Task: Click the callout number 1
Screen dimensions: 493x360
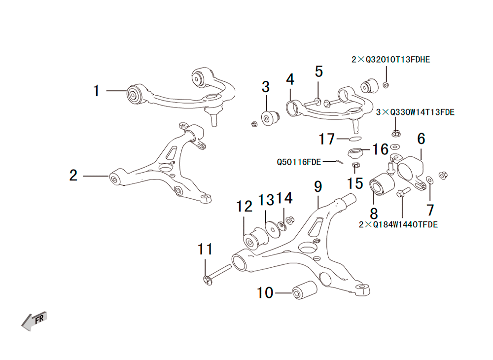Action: coord(97,91)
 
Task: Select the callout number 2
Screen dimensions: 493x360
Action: coord(73,175)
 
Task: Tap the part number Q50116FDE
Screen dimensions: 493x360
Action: coord(299,162)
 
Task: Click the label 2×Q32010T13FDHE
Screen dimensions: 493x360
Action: coord(390,59)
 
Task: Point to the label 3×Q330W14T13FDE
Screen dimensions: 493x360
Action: coord(415,112)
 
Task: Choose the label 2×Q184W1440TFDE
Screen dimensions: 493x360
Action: coord(398,224)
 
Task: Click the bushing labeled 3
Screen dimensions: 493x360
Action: coord(270,117)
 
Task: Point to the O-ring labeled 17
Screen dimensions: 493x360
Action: coord(355,139)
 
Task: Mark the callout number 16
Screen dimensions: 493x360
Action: coord(380,149)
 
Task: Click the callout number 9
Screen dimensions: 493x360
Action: coord(318,187)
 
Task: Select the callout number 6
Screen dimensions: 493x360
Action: coord(422,139)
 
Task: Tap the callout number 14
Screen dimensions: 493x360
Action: coord(284,198)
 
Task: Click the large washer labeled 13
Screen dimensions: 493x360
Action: coord(272,229)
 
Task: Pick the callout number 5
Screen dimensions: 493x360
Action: coord(319,72)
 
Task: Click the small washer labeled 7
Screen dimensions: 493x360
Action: coord(429,180)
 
